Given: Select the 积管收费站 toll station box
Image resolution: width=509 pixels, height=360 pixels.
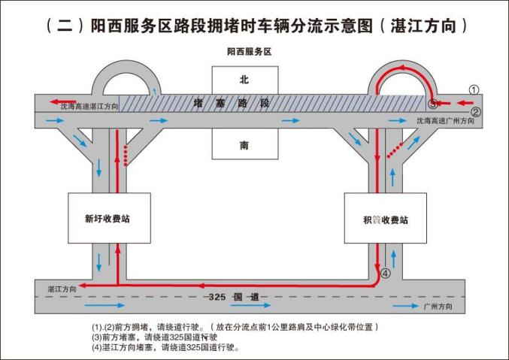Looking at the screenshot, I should (x=385, y=219).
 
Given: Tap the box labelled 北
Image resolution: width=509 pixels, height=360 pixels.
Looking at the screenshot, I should (x=243, y=79).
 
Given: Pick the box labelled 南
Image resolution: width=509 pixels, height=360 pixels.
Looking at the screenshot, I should (x=243, y=147).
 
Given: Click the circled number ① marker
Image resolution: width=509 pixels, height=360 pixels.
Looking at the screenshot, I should (x=474, y=89).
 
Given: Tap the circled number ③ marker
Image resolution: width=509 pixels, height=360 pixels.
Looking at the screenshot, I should (x=433, y=104).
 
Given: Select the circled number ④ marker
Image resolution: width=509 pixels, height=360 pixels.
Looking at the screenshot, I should (x=386, y=274).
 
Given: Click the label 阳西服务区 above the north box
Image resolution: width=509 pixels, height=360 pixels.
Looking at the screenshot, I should (x=248, y=53).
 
